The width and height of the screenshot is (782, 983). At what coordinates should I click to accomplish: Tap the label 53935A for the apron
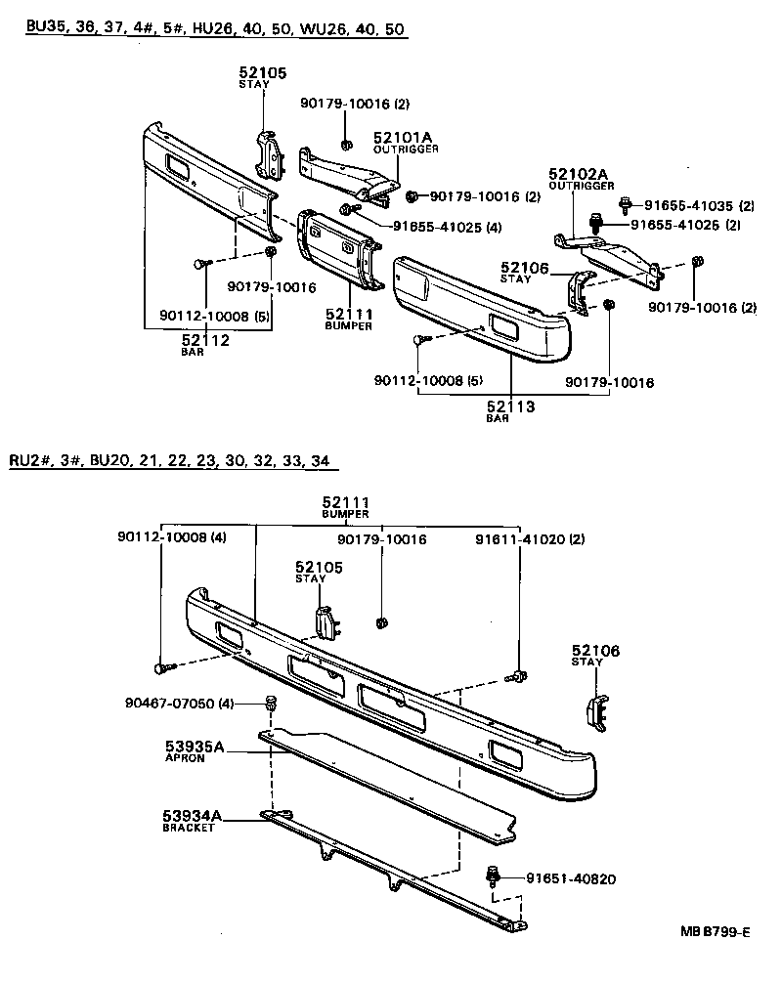coord(195,748)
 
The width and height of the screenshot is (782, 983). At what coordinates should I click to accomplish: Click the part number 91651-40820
coord(562,878)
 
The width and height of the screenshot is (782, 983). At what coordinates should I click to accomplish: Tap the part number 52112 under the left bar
coord(205,340)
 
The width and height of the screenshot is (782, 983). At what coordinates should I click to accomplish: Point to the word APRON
coord(185,758)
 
